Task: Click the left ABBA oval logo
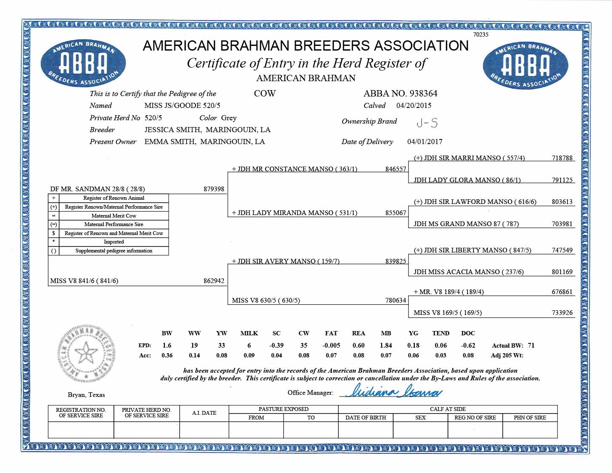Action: point(83,65)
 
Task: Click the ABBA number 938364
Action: point(423,93)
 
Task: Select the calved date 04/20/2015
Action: point(414,105)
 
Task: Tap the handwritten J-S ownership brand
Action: point(427,123)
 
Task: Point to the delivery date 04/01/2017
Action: point(425,142)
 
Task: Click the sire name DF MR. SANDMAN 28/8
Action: point(97,189)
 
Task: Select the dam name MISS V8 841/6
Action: point(84,281)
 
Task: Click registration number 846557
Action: point(396,169)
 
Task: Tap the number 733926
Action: point(562,313)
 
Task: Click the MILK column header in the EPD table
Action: point(249,334)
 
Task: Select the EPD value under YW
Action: point(221,346)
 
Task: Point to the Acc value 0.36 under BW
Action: point(167,355)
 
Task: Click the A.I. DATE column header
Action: point(204,413)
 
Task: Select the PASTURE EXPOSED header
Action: point(283,409)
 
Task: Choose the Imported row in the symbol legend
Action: point(113,242)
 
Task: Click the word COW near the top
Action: point(264,93)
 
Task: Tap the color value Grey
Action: point(229,118)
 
